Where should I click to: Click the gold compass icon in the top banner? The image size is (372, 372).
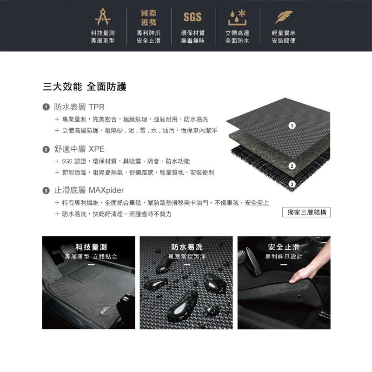pos(103,17)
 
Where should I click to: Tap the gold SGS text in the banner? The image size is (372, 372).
pos(193,17)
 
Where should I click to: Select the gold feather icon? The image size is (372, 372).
pos(284,17)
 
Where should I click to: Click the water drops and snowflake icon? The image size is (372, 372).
pos(237,18)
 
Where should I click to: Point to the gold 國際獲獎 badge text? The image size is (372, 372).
pos(149,18)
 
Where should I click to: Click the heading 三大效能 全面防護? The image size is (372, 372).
pos(85,86)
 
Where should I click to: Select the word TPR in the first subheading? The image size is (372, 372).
pos(97,107)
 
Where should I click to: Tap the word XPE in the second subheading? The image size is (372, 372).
pos(97,149)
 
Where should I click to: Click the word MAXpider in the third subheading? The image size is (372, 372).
pos(106,190)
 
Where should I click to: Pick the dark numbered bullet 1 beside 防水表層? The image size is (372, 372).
pos(46,107)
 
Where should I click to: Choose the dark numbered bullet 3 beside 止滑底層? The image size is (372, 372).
pos(46,191)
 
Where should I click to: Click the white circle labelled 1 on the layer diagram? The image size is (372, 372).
pos(292,126)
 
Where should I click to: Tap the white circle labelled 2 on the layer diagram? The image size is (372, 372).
pos(292,166)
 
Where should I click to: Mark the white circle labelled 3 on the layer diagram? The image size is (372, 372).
pos(292,184)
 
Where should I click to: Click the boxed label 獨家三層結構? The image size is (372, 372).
pos(306,212)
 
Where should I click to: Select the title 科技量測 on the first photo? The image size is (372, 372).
pos(91,247)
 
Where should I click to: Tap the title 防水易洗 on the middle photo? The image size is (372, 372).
pos(187,247)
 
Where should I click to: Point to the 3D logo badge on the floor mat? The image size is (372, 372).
pos(105,311)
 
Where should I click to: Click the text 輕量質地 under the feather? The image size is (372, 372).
pos(284,33)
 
